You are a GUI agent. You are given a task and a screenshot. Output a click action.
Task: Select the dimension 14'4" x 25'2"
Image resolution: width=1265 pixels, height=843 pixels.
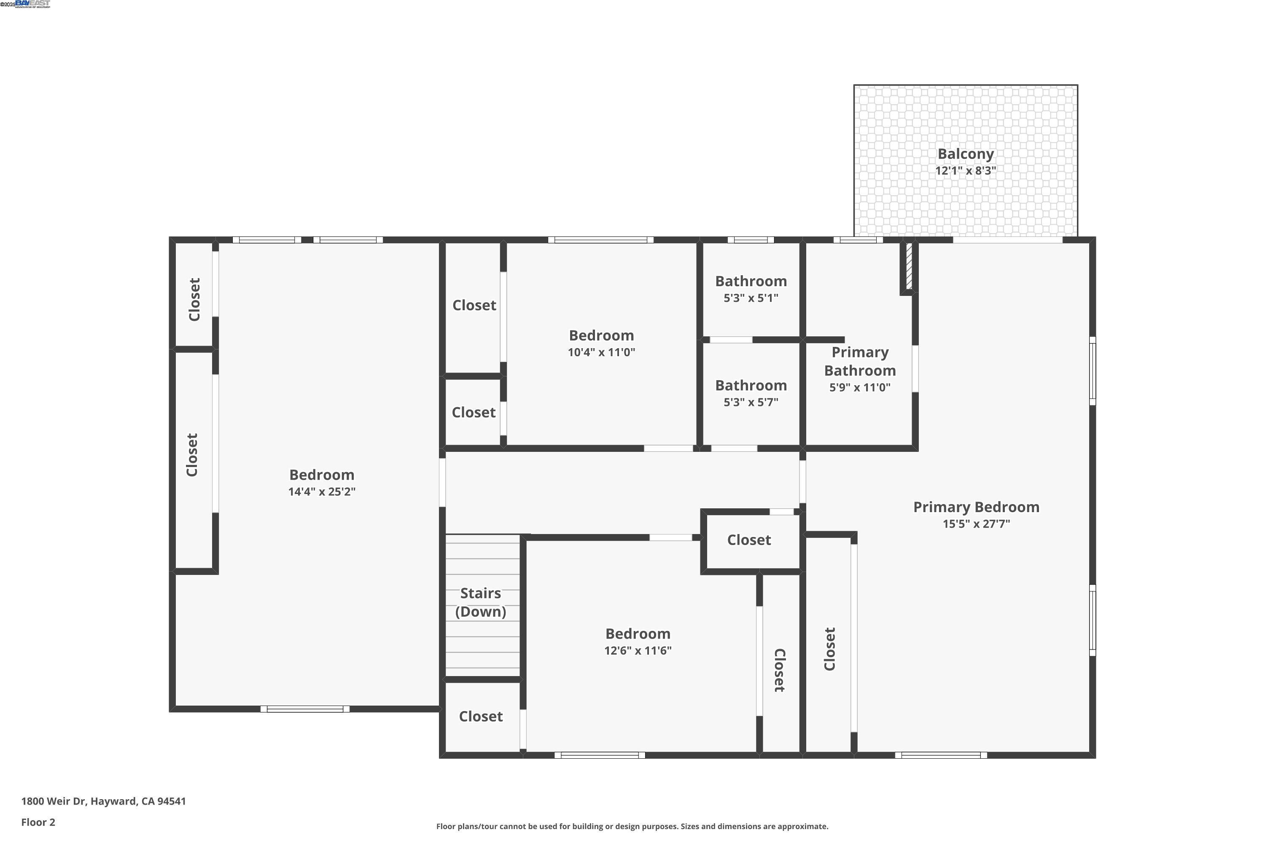point(322,491)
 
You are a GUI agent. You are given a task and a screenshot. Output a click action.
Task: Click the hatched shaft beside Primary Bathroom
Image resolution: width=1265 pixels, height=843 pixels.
point(909,267)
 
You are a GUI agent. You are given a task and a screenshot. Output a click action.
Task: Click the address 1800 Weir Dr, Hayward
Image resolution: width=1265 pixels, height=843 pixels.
point(103,801)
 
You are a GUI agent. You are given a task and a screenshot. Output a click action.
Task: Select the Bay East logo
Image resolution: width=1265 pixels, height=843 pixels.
point(32,4)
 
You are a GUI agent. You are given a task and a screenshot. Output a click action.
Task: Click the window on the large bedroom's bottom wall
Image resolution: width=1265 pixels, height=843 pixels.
point(305,709)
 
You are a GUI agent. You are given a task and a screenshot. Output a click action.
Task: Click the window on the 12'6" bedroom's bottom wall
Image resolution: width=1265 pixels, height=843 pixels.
point(600,755)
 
